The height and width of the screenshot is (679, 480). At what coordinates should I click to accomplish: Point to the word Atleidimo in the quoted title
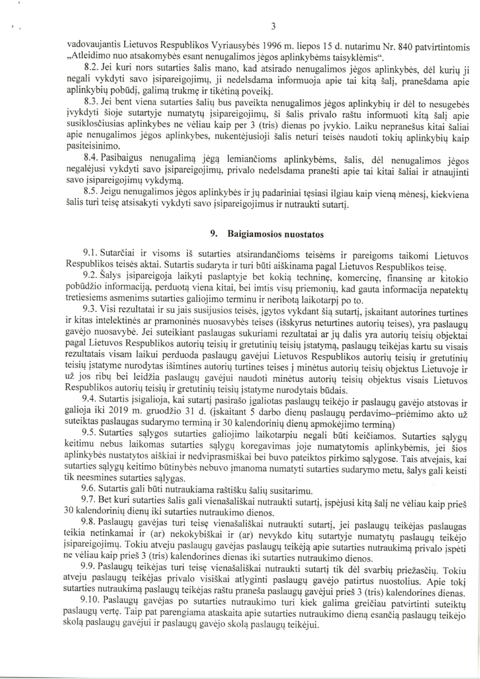coord(88,57)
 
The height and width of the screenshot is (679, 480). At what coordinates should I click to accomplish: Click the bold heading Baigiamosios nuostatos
coord(276,234)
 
